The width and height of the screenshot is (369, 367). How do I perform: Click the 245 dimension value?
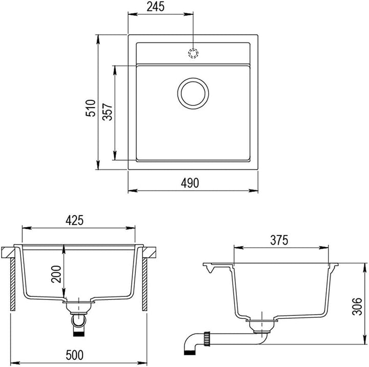pyautogui.click(x=155, y=7)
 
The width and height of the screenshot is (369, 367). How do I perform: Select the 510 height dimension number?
pyautogui.click(x=91, y=108)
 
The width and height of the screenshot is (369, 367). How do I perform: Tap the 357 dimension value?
pyautogui.click(x=108, y=112)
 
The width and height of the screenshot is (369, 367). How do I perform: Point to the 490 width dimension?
pyautogui.click(x=190, y=183)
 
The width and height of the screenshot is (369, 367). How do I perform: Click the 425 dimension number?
pyautogui.click(x=75, y=221)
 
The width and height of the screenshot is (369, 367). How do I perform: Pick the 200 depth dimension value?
pyautogui.click(x=56, y=274)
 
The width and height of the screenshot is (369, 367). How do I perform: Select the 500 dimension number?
pyautogui.click(x=75, y=355)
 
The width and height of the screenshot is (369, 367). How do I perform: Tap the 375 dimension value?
pyautogui.click(x=279, y=240)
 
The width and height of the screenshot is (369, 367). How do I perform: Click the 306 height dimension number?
pyautogui.click(x=357, y=306)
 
